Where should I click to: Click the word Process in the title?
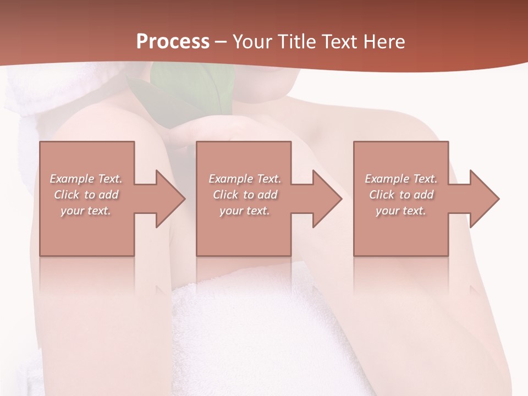click(173, 42)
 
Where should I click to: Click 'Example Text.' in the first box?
click(86, 179)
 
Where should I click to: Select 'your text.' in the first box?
click(86, 211)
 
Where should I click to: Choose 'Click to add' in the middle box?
click(245, 195)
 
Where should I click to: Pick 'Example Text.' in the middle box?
click(245, 179)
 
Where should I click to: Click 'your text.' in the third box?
click(401, 211)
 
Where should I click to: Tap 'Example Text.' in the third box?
click(401, 179)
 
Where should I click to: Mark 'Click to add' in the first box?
click(86, 195)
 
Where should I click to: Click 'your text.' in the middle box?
click(245, 211)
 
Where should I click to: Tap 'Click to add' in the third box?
click(401, 195)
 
